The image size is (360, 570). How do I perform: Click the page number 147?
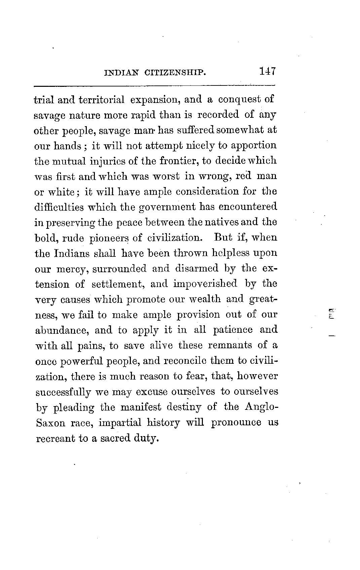pos(267,71)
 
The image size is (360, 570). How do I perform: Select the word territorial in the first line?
pos(101,100)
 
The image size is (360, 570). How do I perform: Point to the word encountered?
pos(247,207)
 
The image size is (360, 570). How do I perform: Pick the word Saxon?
pos(50,423)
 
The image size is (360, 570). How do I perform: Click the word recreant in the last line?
pos(55,438)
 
